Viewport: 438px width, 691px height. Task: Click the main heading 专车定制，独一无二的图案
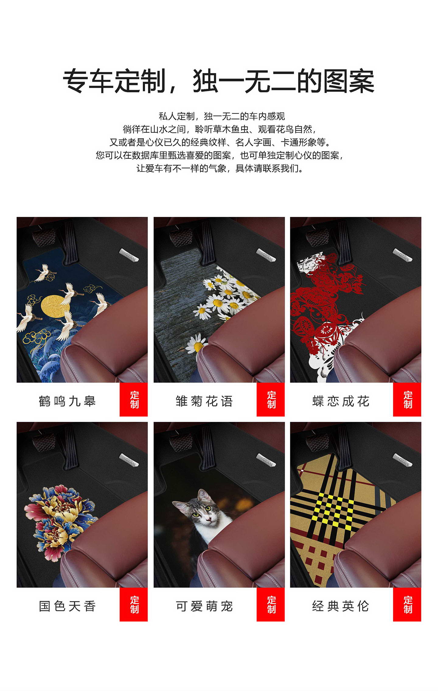tap(218, 81)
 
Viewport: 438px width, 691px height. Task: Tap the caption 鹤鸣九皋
tap(67, 401)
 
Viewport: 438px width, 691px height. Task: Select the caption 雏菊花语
tap(204, 401)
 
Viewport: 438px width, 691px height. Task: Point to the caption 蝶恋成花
tap(341, 401)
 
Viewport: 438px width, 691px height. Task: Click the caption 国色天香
tap(67, 606)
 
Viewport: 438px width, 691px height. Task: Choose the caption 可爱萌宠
tap(204, 606)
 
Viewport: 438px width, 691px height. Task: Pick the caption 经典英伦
tap(341, 606)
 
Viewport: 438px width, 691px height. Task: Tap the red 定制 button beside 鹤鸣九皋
tap(134, 399)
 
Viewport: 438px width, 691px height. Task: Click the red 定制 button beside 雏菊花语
tap(270, 399)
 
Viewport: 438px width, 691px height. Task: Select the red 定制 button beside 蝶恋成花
tap(407, 399)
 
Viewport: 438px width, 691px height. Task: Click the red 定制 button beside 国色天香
tap(134, 604)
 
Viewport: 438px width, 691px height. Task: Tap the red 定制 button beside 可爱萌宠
tap(270, 604)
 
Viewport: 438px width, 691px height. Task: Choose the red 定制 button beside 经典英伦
tap(407, 604)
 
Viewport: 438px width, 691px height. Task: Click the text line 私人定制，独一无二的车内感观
tap(222, 116)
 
